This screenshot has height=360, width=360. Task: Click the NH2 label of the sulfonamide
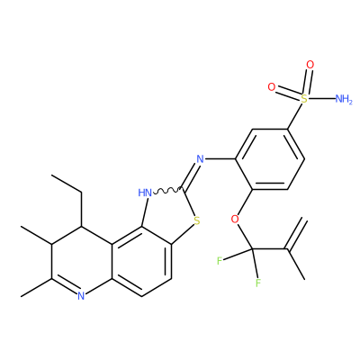344,99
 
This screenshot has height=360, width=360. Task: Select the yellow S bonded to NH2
304,99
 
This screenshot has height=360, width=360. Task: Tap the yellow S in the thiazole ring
197,221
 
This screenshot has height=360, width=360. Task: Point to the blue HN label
145,193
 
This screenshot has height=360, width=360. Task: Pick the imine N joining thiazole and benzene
200,158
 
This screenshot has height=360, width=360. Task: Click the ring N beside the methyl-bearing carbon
81,296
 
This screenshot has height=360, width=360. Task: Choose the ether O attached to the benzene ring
236,219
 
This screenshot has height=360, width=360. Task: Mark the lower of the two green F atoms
257,283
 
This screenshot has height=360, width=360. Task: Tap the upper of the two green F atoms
220,260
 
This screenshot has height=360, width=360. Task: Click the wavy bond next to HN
167,190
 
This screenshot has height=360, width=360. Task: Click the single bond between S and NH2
321,99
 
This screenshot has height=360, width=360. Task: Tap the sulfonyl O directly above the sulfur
310,65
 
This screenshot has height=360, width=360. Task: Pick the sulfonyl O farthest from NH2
272,87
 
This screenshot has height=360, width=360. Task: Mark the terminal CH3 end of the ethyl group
51,175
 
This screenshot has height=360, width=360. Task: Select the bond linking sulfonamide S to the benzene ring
296,116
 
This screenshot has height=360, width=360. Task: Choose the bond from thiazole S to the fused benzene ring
182,235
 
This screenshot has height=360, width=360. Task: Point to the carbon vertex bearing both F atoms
252,249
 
